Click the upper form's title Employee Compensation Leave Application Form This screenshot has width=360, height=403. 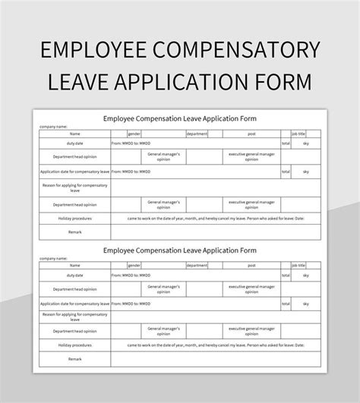point(180,118)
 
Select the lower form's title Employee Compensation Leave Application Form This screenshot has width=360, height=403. point(180,250)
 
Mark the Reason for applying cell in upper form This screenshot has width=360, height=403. point(74,186)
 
